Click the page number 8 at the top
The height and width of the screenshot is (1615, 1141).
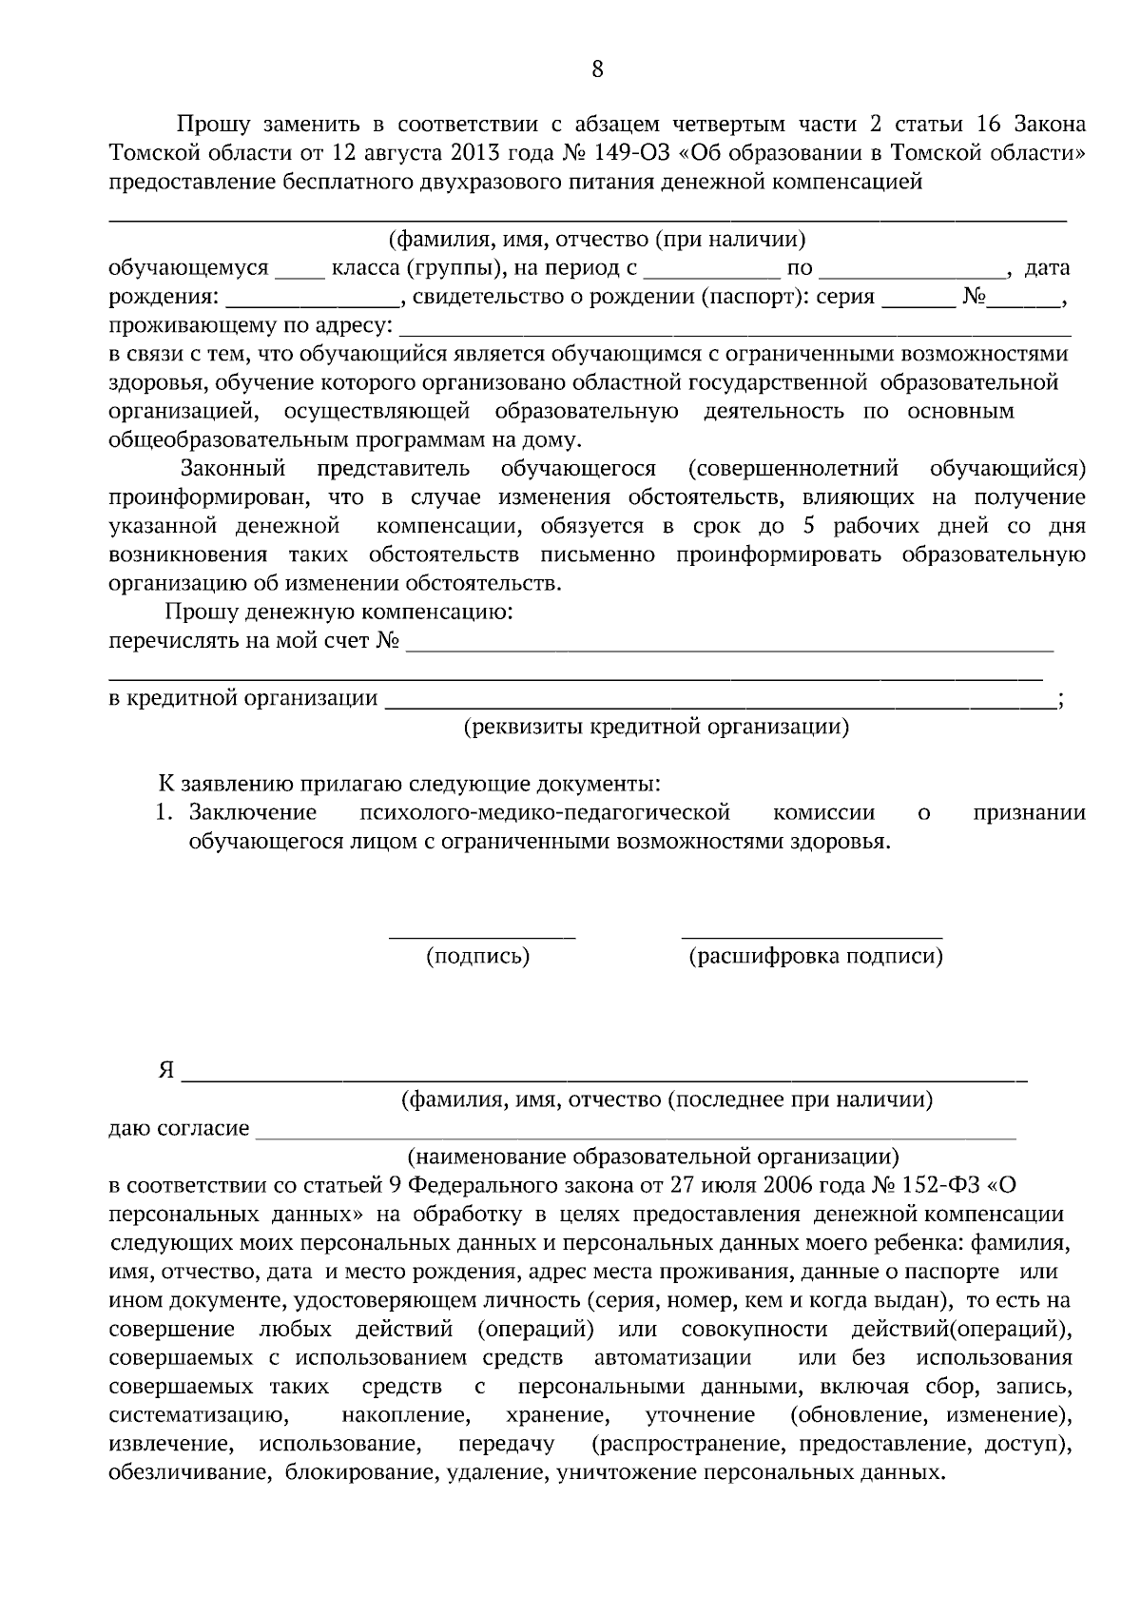(x=597, y=68)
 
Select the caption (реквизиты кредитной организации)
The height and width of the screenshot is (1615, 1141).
(x=656, y=728)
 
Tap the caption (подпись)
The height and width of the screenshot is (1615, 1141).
(x=478, y=956)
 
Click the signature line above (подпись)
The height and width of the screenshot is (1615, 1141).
(x=482, y=937)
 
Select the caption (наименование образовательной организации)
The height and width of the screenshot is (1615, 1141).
(x=652, y=1158)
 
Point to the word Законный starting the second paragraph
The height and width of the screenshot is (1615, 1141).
(x=233, y=469)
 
